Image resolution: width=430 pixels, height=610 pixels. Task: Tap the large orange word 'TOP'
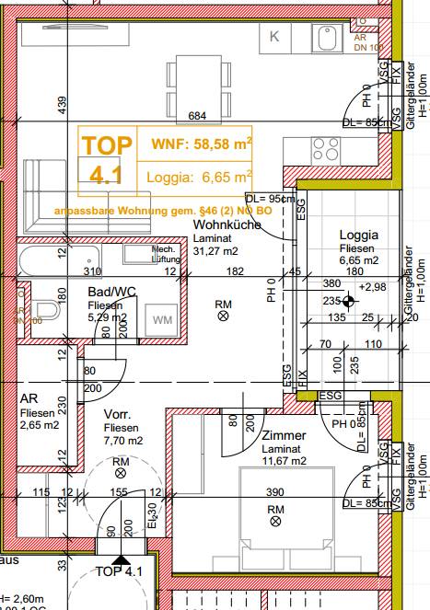(x=108, y=144)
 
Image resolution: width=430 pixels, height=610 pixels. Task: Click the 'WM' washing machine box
(x=162, y=320)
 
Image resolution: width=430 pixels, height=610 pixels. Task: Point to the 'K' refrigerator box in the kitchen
(x=274, y=38)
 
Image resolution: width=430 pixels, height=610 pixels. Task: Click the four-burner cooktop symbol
(x=325, y=148)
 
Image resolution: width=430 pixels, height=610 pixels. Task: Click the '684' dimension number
(x=196, y=116)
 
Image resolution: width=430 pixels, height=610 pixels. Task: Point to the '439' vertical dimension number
(x=62, y=106)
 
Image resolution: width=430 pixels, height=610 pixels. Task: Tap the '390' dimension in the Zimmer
(x=275, y=493)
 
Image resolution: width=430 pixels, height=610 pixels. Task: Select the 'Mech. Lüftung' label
(x=164, y=255)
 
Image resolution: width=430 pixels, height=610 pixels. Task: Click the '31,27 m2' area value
(x=216, y=250)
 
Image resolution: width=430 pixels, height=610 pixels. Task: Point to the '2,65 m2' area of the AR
(x=39, y=426)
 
